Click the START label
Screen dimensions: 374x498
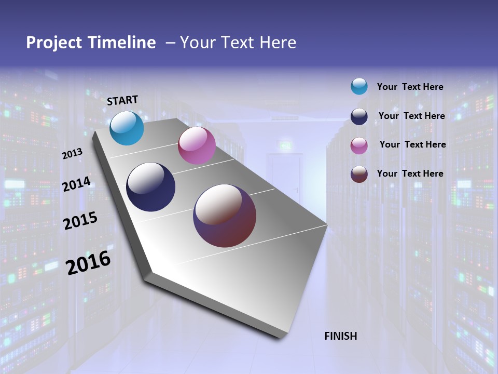(122, 100)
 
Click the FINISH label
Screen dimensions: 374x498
(340, 336)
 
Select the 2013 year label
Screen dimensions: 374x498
(73, 153)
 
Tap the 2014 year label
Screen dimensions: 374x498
(77, 184)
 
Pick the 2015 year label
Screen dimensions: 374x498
(80, 220)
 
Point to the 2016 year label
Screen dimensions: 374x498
(88, 262)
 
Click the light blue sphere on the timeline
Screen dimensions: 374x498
(127, 128)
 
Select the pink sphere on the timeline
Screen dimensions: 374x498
(197, 145)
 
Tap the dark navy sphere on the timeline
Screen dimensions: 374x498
(150, 187)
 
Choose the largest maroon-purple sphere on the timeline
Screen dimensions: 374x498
(225, 215)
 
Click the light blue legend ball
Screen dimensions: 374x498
(359, 86)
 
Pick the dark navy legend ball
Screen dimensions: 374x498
(359, 116)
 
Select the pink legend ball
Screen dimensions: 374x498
(359, 145)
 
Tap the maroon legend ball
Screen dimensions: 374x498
(359, 174)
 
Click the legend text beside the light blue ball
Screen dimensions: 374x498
(410, 87)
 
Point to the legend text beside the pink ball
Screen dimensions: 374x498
(412, 144)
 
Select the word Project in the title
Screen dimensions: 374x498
(54, 43)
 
